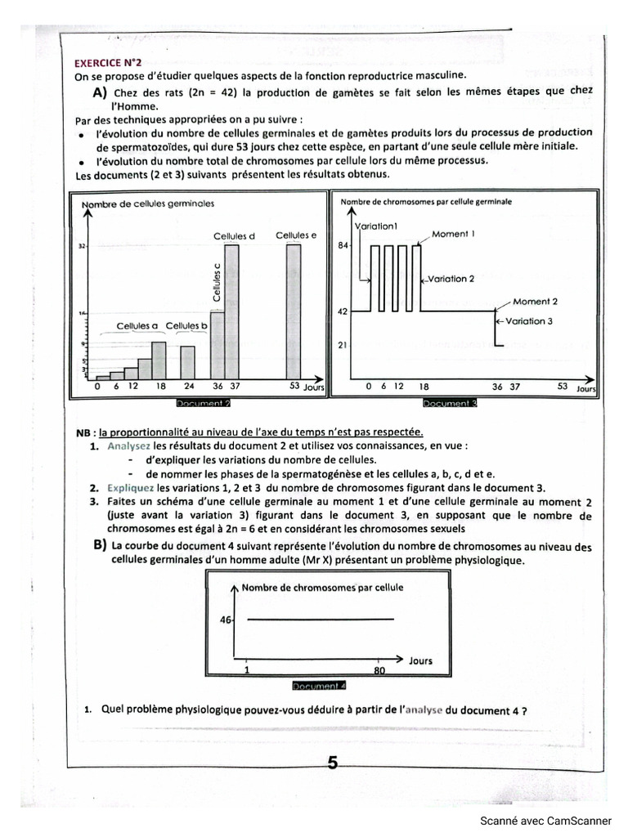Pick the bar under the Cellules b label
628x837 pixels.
tap(187, 362)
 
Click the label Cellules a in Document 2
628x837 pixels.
tap(137, 326)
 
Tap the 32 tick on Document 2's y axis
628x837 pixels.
tap(82, 245)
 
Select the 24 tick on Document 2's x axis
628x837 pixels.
tap(188, 387)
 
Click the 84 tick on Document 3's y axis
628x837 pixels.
tap(343, 245)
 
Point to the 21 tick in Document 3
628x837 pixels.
tap(343, 345)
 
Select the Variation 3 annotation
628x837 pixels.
tap(528, 321)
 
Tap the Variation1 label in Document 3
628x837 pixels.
tap(376, 226)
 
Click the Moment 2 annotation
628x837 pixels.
tap(536, 302)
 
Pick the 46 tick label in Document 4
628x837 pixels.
tap(226, 620)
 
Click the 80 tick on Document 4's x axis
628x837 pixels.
tap(378, 670)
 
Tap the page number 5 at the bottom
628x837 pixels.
tap(332, 763)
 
